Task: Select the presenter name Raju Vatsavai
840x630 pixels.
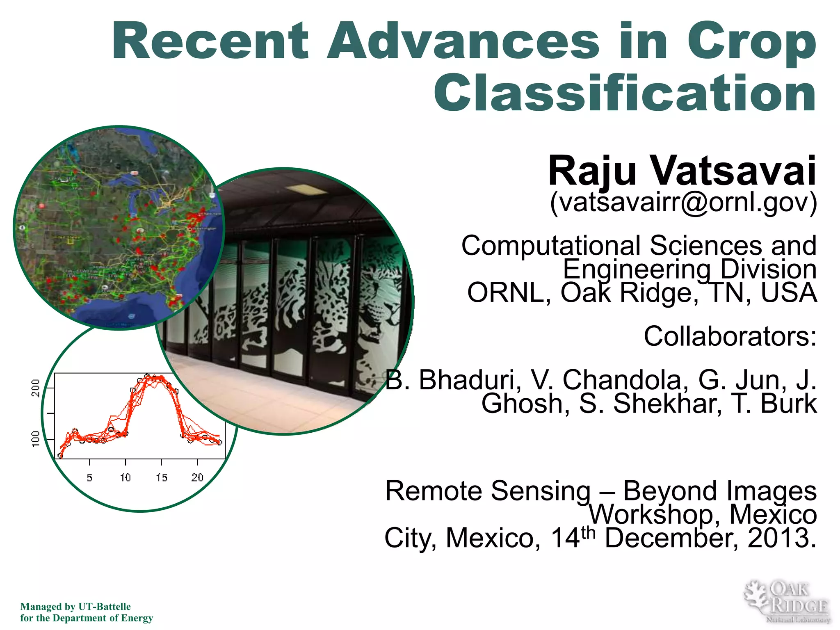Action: click(x=682, y=171)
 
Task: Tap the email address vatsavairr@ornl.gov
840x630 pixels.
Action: click(x=683, y=202)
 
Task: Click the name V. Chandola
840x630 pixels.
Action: click(x=609, y=380)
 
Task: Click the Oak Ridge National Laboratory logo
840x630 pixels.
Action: click(x=787, y=602)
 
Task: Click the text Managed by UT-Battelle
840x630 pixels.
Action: click(x=75, y=607)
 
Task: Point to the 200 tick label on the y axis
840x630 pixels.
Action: click(x=36, y=388)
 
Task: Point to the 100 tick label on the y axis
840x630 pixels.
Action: click(x=36, y=439)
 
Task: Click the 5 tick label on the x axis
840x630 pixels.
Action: click(x=89, y=477)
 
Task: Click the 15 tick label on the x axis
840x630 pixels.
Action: click(x=161, y=477)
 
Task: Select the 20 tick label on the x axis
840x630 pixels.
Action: click(x=197, y=477)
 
